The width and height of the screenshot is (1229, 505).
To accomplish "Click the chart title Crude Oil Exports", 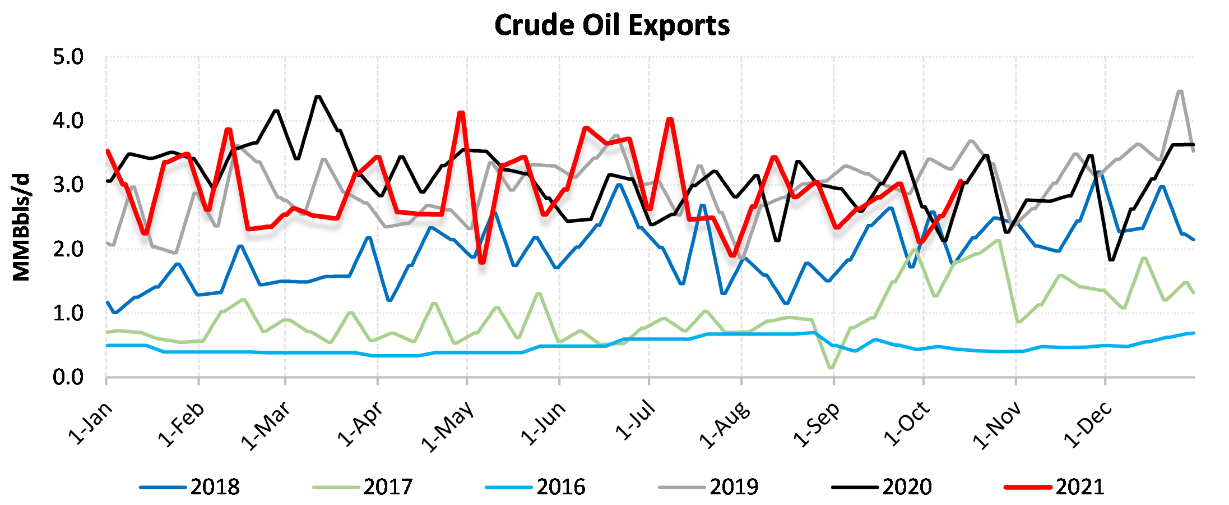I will click(x=612, y=26).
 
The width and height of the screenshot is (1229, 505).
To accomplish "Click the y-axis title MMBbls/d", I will click(x=21, y=227).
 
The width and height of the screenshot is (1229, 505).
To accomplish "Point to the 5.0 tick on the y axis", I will click(x=68, y=57).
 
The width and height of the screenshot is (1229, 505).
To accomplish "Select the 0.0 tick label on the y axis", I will click(x=68, y=378).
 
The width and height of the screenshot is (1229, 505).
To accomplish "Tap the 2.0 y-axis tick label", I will click(x=68, y=249).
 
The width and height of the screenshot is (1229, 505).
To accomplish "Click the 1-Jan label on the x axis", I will click(x=91, y=424).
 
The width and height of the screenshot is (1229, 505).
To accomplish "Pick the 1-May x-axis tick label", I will click(x=448, y=426).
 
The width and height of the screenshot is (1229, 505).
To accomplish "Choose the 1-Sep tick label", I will click(x=817, y=425).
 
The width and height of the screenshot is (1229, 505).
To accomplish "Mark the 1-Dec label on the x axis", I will click(x=1087, y=425).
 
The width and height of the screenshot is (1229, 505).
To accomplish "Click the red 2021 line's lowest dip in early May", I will click(x=482, y=262).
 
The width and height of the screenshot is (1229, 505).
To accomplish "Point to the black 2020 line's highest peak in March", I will click(x=318, y=97).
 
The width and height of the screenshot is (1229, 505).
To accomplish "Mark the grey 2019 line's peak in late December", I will click(x=1180, y=91).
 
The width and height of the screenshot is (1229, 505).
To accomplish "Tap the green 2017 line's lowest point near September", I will click(x=830, y=368).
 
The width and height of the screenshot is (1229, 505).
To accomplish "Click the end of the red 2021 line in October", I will click(x=961, y=181).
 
